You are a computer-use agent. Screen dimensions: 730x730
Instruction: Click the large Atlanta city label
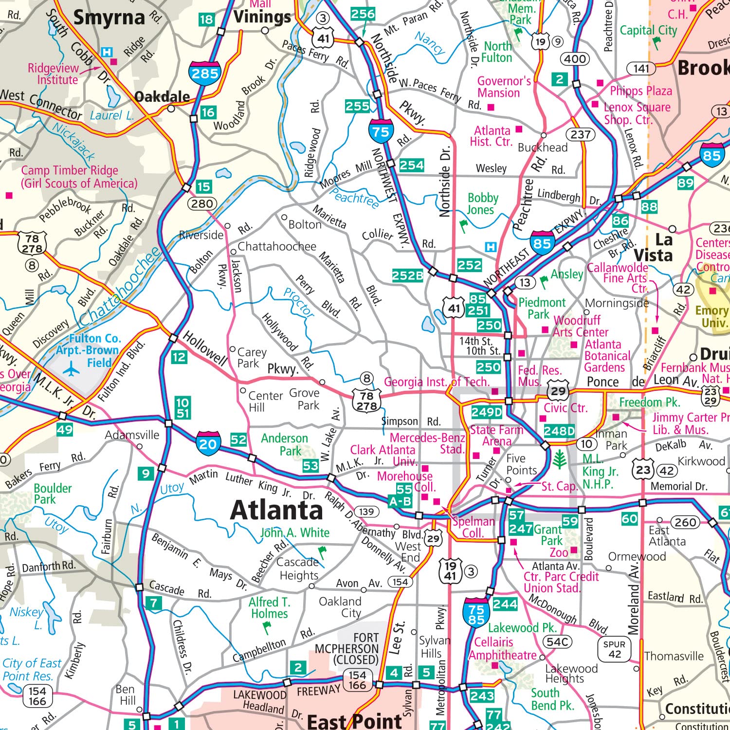point(276,511)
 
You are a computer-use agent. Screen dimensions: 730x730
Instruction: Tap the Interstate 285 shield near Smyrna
point(205,73)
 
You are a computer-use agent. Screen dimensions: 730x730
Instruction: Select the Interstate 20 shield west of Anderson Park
point(208,443)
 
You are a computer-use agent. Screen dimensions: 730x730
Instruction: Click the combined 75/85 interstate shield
point(476,614)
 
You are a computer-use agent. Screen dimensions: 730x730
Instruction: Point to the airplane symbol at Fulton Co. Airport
point(72,369)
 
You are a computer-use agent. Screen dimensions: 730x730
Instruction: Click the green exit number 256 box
point(363,14)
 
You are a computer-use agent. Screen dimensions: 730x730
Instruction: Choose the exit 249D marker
point(487,412)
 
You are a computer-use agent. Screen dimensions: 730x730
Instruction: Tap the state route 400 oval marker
point(575,59)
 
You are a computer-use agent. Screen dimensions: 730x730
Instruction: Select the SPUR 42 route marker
point(614,649)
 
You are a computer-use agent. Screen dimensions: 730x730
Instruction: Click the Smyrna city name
point(109,18)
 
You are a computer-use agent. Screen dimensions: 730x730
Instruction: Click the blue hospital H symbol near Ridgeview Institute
point(107,52)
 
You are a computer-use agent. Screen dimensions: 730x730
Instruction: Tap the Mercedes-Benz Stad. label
point(427,443)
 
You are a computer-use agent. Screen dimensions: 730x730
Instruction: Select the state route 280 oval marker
point(202,204)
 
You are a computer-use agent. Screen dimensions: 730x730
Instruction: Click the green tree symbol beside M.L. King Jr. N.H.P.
point(559,459)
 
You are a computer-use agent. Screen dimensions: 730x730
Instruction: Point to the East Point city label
point(354,721)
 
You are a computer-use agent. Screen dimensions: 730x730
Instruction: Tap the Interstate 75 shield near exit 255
point(381,131)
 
